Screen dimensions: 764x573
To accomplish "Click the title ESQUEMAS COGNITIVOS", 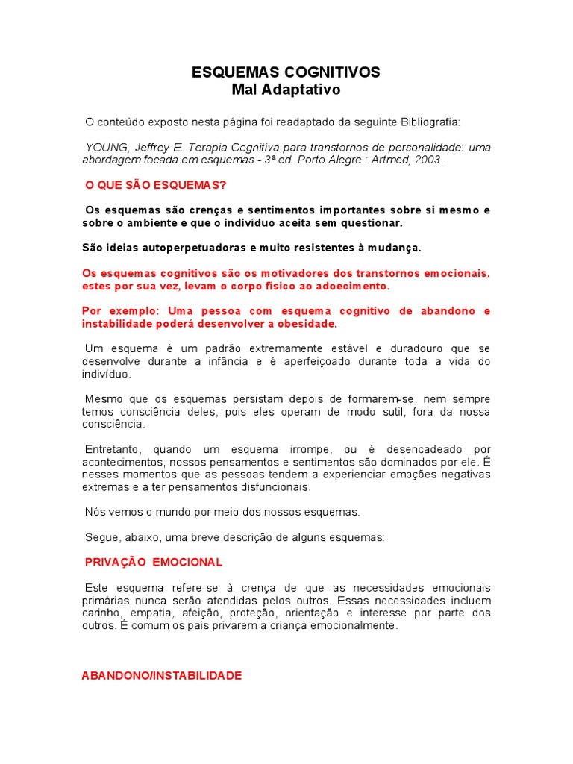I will pyautogui.click(x=286, y=72).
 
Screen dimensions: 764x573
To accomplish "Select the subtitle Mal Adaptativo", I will pyautogui.click(x=286, y=90).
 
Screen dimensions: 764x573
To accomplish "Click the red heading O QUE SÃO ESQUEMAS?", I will pyautogui.click(x=156, y=184).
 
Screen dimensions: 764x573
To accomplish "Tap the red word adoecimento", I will pyautogui.click(x=355, y=286).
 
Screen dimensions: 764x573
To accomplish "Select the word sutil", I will pyautogui.click(x=355, y=412).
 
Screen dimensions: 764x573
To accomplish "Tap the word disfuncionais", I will pyautogui.click(x=265, y=487).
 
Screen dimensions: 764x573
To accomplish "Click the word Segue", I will pyautogui.click(x=100, y=537).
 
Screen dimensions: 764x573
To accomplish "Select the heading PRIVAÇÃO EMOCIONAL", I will pyautogui.click(x=154, y=562).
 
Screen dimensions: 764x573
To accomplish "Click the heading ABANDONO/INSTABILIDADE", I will pyautogui.click(x=161, y=675).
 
